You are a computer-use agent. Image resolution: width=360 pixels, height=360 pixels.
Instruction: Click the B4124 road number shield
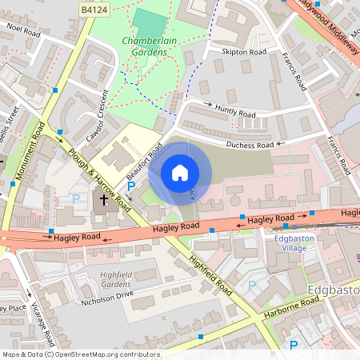click(95, 7)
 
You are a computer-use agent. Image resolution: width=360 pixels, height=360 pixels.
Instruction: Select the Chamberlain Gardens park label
click(145, 46)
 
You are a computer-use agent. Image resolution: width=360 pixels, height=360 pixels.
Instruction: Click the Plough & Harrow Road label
click(100, 178)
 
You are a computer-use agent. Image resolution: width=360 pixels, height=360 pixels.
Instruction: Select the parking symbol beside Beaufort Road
click(131, 186)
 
